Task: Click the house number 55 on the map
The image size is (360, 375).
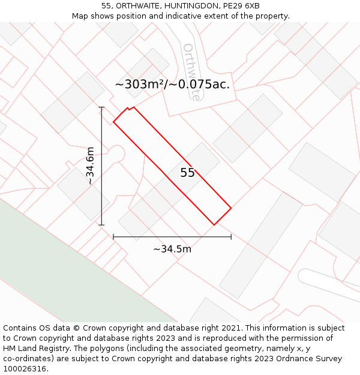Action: click(187, 173)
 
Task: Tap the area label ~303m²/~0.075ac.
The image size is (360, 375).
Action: click(172, 85)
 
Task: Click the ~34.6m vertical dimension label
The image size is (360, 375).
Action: click(90, 166)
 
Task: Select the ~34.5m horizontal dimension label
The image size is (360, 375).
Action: click(172, 249)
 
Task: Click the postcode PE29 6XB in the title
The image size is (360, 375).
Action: click(244, 6)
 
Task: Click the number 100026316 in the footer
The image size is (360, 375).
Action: click(25, 369)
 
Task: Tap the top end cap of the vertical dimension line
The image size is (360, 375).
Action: click(101, 107)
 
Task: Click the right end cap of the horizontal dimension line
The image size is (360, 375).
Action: click(231, 237)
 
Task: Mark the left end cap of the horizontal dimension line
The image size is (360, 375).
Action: click(113, 237)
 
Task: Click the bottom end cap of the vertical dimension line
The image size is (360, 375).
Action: click(101, 225)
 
